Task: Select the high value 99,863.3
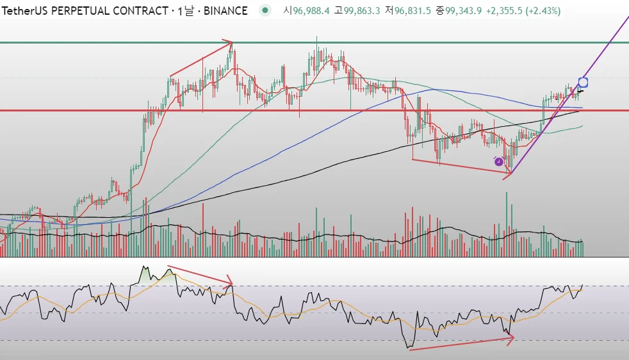(362, 11)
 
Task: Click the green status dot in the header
(265, 10)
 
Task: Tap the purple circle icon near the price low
(499, 161)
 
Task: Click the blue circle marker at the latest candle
(583, 82)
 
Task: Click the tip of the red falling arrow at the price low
(511, 172)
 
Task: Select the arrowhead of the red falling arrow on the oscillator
(231, 284)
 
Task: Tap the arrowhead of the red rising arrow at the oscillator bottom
(512, 337)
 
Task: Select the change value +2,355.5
(505, 11)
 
